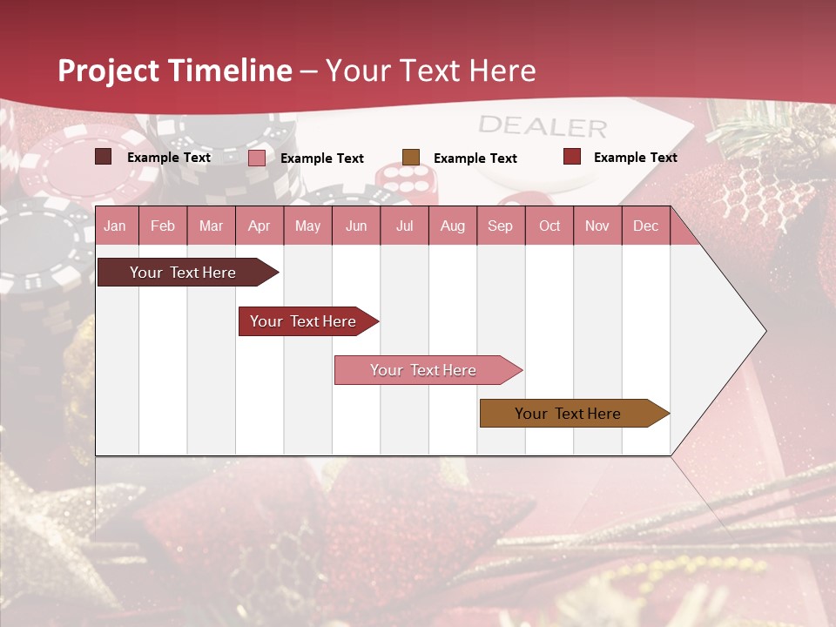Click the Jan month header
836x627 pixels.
pos(115,226)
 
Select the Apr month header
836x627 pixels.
pos(259,226)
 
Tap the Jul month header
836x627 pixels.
pos(404,226)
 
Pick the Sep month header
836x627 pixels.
pos(500,226)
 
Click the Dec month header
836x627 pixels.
pos(645,226)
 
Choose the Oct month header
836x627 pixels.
pos(549,226)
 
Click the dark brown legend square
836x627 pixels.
pos(103,157)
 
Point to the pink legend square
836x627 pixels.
pos(257,158)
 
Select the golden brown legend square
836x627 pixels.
pos(411,157)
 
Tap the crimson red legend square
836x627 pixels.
pos(572,157)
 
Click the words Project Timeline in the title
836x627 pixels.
pos(175,71)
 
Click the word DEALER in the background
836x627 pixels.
pos(543,126)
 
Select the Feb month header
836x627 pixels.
pos(163,226)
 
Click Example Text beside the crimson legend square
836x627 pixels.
pos(635,157)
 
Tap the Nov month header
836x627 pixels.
pos(597,226)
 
